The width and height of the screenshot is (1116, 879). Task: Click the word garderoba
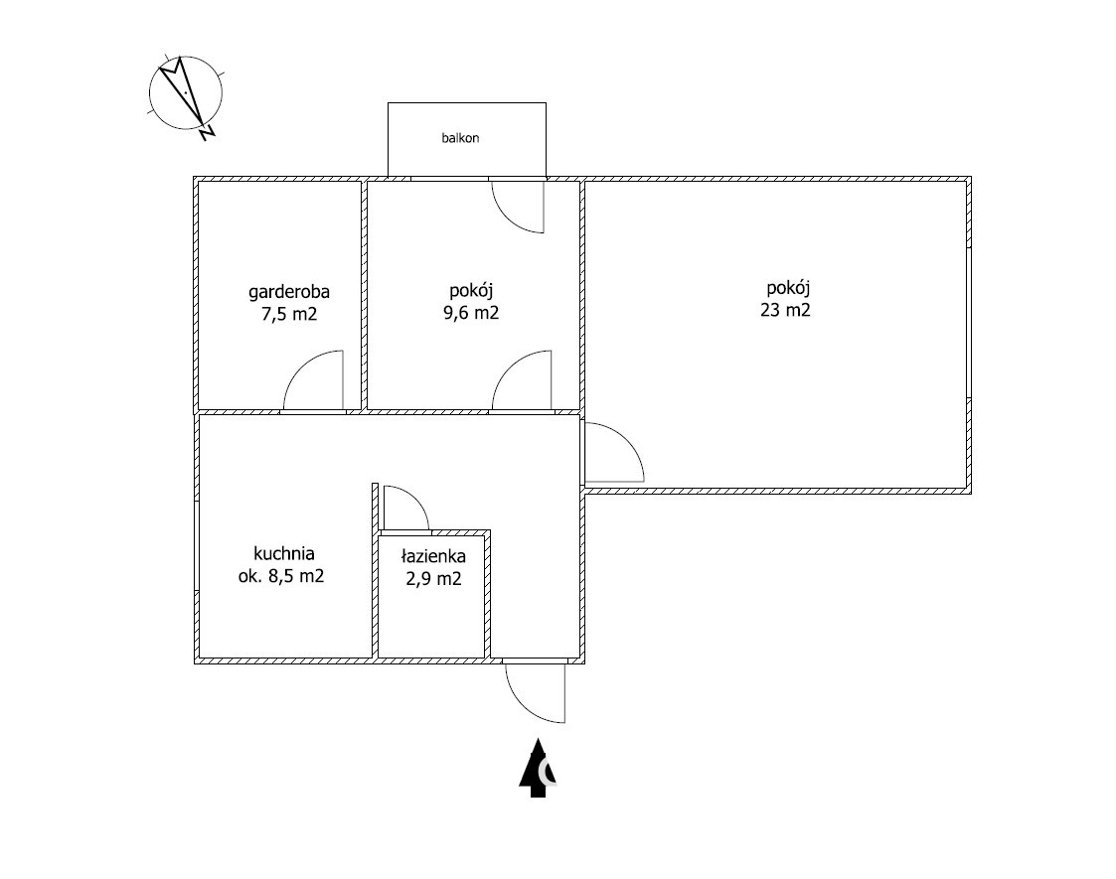pyautogui.click(x=289, y=292)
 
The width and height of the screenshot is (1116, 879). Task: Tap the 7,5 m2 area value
pyautogui.click(x=289, y=314)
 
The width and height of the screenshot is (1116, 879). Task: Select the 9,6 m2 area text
pyautogui.click(x=471, y=312)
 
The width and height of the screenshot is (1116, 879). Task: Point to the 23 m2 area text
pyautogui.click(x=785, y=310)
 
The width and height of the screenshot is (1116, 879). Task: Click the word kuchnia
pyautogui.click(x=284, y=553)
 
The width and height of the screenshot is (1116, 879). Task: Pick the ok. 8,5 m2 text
pyautogui.click(x=281, y=575)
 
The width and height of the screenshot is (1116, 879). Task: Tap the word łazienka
pyautogui.click(x=433, y=556)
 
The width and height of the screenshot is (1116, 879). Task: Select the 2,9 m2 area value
pyautogui.click(x=433, y=579)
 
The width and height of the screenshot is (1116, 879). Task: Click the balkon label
pyautogui.click(x=460, y=138)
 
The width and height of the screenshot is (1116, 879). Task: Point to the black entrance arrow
pyautogui.click(x=538, y=768)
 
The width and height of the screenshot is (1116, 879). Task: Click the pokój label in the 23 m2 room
pyautogui.click(x=789, y=289)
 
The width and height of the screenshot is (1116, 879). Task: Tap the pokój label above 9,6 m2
pyautogui.click(x=471, y=291)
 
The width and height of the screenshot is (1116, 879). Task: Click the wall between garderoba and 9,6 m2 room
pyautogui.click(x=364, y=295)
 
